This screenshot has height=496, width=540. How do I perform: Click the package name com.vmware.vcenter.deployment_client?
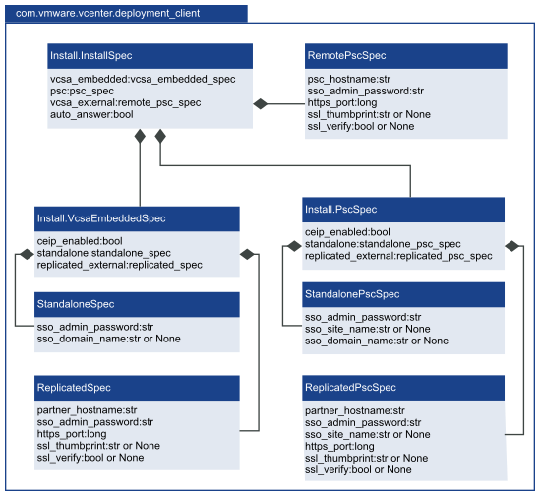[107, 13]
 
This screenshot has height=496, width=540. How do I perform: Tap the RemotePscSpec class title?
[346, 55]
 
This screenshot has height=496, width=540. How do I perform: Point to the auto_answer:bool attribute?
[91, 114]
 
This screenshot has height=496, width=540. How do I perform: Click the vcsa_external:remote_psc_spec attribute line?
[125, 102]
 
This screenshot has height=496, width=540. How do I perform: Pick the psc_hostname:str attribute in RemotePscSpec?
[349, 79]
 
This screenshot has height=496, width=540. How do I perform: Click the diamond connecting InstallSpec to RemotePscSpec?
[261, 103]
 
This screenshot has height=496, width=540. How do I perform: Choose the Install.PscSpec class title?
[340, 210]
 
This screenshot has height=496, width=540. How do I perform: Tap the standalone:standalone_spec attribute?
[103, 253]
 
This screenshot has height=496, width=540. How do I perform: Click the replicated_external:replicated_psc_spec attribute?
[398, 256]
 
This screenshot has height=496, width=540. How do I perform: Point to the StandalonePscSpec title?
[352, 294]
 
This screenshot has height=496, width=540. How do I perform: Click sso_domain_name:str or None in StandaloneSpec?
[108, 339]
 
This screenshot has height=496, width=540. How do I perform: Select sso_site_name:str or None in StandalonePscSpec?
[368, 329]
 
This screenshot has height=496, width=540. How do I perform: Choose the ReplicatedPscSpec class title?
[350, 388]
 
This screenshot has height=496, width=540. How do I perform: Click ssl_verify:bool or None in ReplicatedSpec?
[90, 458]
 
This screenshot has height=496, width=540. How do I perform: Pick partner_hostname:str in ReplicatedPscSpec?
[355, 410]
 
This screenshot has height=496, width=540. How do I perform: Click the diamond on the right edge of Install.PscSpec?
[511, 246]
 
